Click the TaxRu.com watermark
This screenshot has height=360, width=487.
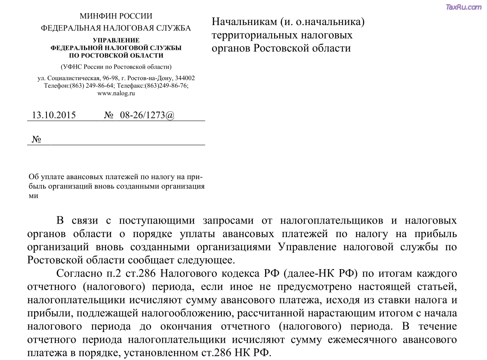click(463, 7)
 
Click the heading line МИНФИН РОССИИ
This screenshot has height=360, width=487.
click(115, 16)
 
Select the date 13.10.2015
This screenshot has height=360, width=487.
click(54, 115)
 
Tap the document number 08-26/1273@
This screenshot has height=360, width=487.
click(147, 115)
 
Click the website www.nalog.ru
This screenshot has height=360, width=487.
click(116, 93)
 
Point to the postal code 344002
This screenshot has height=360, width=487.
click(185, 78)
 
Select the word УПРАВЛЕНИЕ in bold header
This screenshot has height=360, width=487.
click(116, 40)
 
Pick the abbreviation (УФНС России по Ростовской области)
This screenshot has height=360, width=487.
click(116, 67)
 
